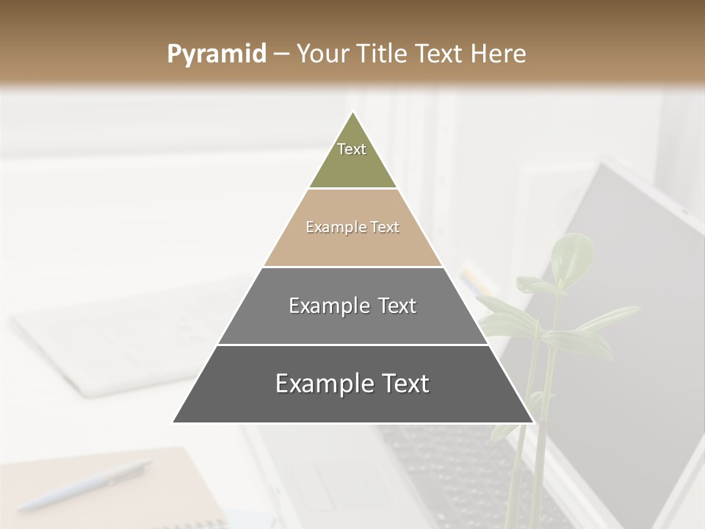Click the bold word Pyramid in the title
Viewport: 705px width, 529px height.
[x=216, y=54]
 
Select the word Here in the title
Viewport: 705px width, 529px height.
[x=499, y=54]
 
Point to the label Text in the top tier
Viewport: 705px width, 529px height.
[x=352, y=149]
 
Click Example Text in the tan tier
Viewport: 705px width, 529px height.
[x=352, y=227]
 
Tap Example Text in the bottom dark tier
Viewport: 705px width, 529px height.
[x=352, y=384]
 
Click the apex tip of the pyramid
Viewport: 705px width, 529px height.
[x=353, y=113]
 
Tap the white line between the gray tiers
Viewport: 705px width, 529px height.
[x=352, y=345]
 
